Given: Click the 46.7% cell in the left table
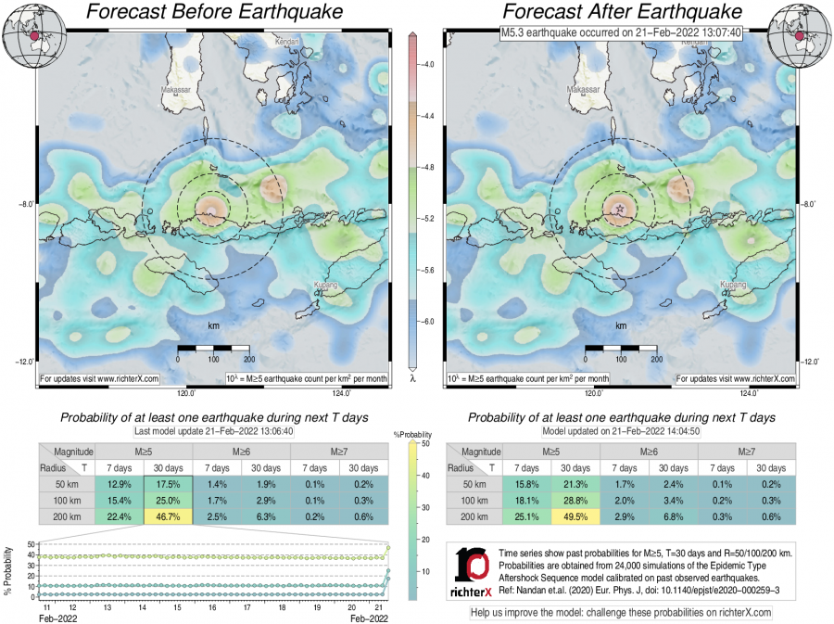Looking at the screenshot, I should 168,516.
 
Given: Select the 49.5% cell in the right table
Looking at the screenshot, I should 577,516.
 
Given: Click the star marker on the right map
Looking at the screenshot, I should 619,211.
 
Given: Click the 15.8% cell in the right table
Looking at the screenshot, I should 527,483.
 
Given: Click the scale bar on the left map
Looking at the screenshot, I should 213,349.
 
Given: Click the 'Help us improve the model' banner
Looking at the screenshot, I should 621,612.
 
